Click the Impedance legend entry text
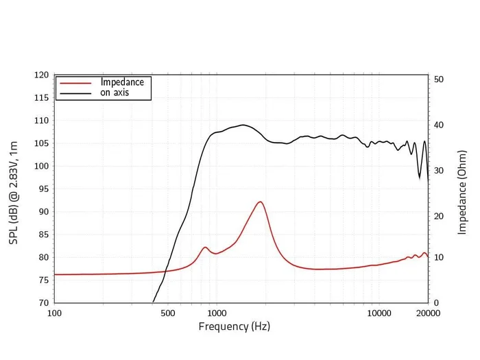coord(122,82)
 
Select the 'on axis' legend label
coord(115,93)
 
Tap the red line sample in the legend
coord(75,83)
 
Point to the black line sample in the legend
coord(75,93)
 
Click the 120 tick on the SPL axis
coord(42,75)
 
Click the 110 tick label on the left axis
coord(42,121)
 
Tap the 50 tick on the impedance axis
coord(440,80)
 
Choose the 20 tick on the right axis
coord(440,216)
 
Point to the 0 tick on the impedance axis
coord(437,302)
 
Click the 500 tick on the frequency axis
coord(168,313)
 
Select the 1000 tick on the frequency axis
coord(217,313)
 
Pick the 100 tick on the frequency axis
coord(54,313)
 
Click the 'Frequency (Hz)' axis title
coord(234,326)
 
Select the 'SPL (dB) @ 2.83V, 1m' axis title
coord(14,188)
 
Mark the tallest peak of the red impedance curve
coord(260,202)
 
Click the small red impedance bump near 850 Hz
coord(205,247)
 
